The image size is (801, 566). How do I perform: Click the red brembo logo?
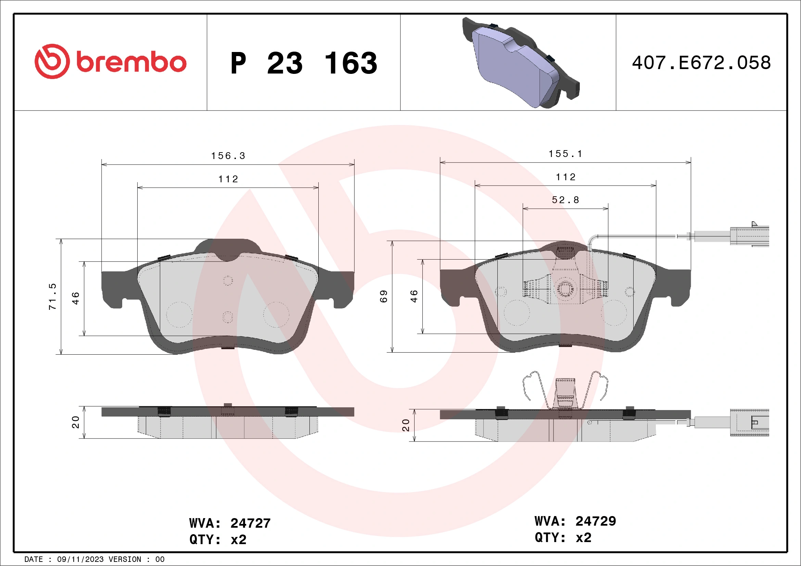[x=110, y=62]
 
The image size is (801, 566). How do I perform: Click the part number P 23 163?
[x=304, y=63]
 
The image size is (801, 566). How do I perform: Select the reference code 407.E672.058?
[x=701, y=63]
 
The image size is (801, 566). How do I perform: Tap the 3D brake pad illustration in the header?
[x=520, y=63]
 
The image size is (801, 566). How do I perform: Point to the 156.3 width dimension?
[x=228, y=156]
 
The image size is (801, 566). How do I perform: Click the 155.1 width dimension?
[x=565, y=154]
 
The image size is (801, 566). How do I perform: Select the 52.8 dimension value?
[x=565, y=200]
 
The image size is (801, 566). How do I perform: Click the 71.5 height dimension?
[x=52, y=296]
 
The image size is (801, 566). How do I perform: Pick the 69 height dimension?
[x=384, y=296]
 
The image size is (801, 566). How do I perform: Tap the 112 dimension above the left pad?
[x=228, y=179]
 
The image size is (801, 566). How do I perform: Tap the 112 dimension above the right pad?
[x=565, y=177]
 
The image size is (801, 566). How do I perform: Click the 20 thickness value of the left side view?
[x=76, y=422]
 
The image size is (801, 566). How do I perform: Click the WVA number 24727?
[x=250, y=523]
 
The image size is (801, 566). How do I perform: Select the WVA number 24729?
[x=596, y=521]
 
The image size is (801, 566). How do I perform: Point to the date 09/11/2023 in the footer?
[x=80, y=560]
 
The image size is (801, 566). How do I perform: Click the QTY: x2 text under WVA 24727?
[x=218, y=540]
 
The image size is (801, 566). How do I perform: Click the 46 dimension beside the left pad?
[x=76, y=298]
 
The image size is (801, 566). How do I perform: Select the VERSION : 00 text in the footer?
[x=136, y=560]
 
